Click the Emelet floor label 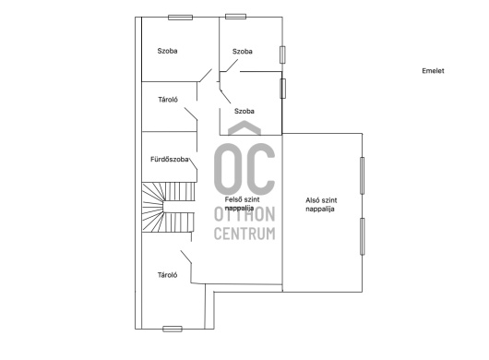[433, 71]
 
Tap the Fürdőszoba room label [170, 160]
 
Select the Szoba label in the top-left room [168, 51]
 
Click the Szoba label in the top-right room [243, 52]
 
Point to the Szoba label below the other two [244, 111]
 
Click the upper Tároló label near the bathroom [168, 100]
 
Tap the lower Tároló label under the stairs [168, 275]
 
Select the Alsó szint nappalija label [321, 205]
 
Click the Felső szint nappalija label [242, 203]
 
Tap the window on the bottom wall [173, 329]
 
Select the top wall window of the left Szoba [180, 18]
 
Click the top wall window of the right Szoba [236, 17]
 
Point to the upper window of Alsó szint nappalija [362, 175]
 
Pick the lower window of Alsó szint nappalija [362, 236]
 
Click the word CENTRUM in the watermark [244, 234]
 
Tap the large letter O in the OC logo [227, 169]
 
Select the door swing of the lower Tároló [185, 257]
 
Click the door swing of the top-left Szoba [205, 76]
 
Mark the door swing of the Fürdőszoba [193, 163]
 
